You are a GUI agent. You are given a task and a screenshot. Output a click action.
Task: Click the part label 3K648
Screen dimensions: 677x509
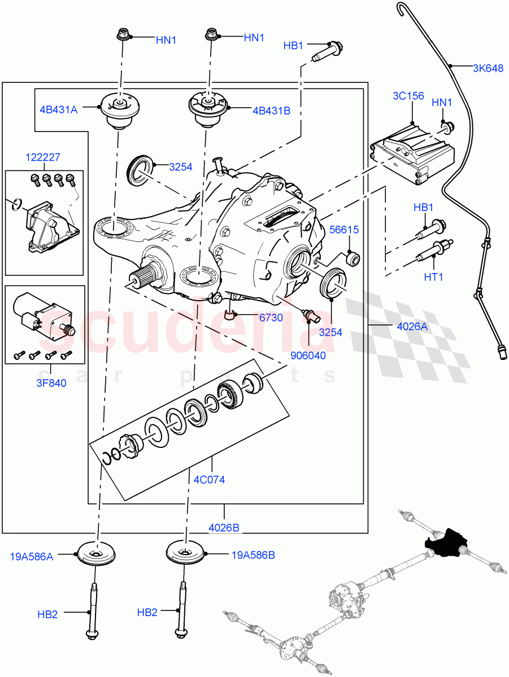click(488, 69)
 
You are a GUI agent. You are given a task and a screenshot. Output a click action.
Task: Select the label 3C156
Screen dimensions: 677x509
click(408, 96)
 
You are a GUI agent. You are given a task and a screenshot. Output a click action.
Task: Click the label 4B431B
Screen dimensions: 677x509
click(271, 111)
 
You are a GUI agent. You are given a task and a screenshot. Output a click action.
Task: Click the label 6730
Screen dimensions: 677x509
click(271, 318)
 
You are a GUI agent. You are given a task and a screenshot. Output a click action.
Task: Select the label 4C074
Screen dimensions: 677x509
click(209, 480)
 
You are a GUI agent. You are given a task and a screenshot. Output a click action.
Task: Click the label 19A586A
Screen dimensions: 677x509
click(32, 556)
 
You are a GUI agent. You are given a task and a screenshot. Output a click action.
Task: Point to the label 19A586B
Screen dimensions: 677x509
click(253, 555)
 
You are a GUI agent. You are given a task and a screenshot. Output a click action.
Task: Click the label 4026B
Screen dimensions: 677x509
click(224, 527)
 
